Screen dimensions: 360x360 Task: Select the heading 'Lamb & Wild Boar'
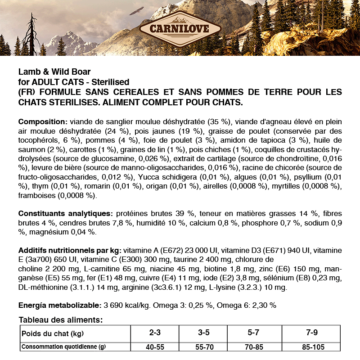coord(54,72)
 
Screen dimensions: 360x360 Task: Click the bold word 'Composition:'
coord(43,122)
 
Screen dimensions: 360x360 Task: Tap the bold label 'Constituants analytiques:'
coord(65,213)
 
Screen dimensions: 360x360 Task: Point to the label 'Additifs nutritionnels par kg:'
coord(70,250)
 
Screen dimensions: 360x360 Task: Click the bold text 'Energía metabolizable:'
coord(60,305)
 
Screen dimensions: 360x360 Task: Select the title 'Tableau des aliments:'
coord(61,320)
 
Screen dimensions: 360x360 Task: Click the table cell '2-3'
coord(155,333)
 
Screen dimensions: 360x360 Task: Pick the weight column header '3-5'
coord(203,333)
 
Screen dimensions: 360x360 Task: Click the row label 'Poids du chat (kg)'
coord(53,333)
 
